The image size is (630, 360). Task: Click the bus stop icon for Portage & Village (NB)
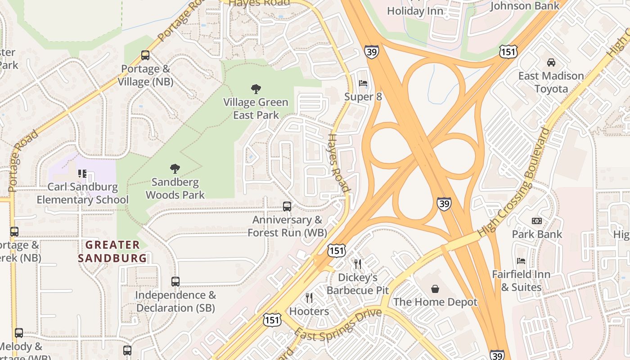click(145, 55)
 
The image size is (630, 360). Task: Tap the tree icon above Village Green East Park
click(256, 89)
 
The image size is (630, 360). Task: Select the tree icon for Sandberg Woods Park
click(175, 169)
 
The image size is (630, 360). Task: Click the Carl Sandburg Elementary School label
click(83, 193)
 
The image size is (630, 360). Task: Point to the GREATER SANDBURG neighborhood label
click(112, 252)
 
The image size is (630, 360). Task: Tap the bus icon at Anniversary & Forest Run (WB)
click(287, 207)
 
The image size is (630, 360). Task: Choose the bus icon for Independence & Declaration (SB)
click(175, 282)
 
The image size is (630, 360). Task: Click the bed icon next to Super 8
click(363, 83)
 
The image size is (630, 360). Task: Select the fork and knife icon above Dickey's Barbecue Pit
click(358, 264)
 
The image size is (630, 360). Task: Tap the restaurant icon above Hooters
click(309, 297)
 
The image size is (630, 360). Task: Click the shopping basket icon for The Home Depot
click(435, 288)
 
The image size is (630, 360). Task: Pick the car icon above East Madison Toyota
click(551, 62)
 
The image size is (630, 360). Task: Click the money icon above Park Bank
click(537, 221)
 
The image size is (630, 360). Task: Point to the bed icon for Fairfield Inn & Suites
click(521, 261)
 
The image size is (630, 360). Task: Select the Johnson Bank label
click(525, 6)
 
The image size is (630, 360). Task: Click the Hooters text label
click(309, 311)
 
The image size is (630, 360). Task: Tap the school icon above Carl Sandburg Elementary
click(82, 173)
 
